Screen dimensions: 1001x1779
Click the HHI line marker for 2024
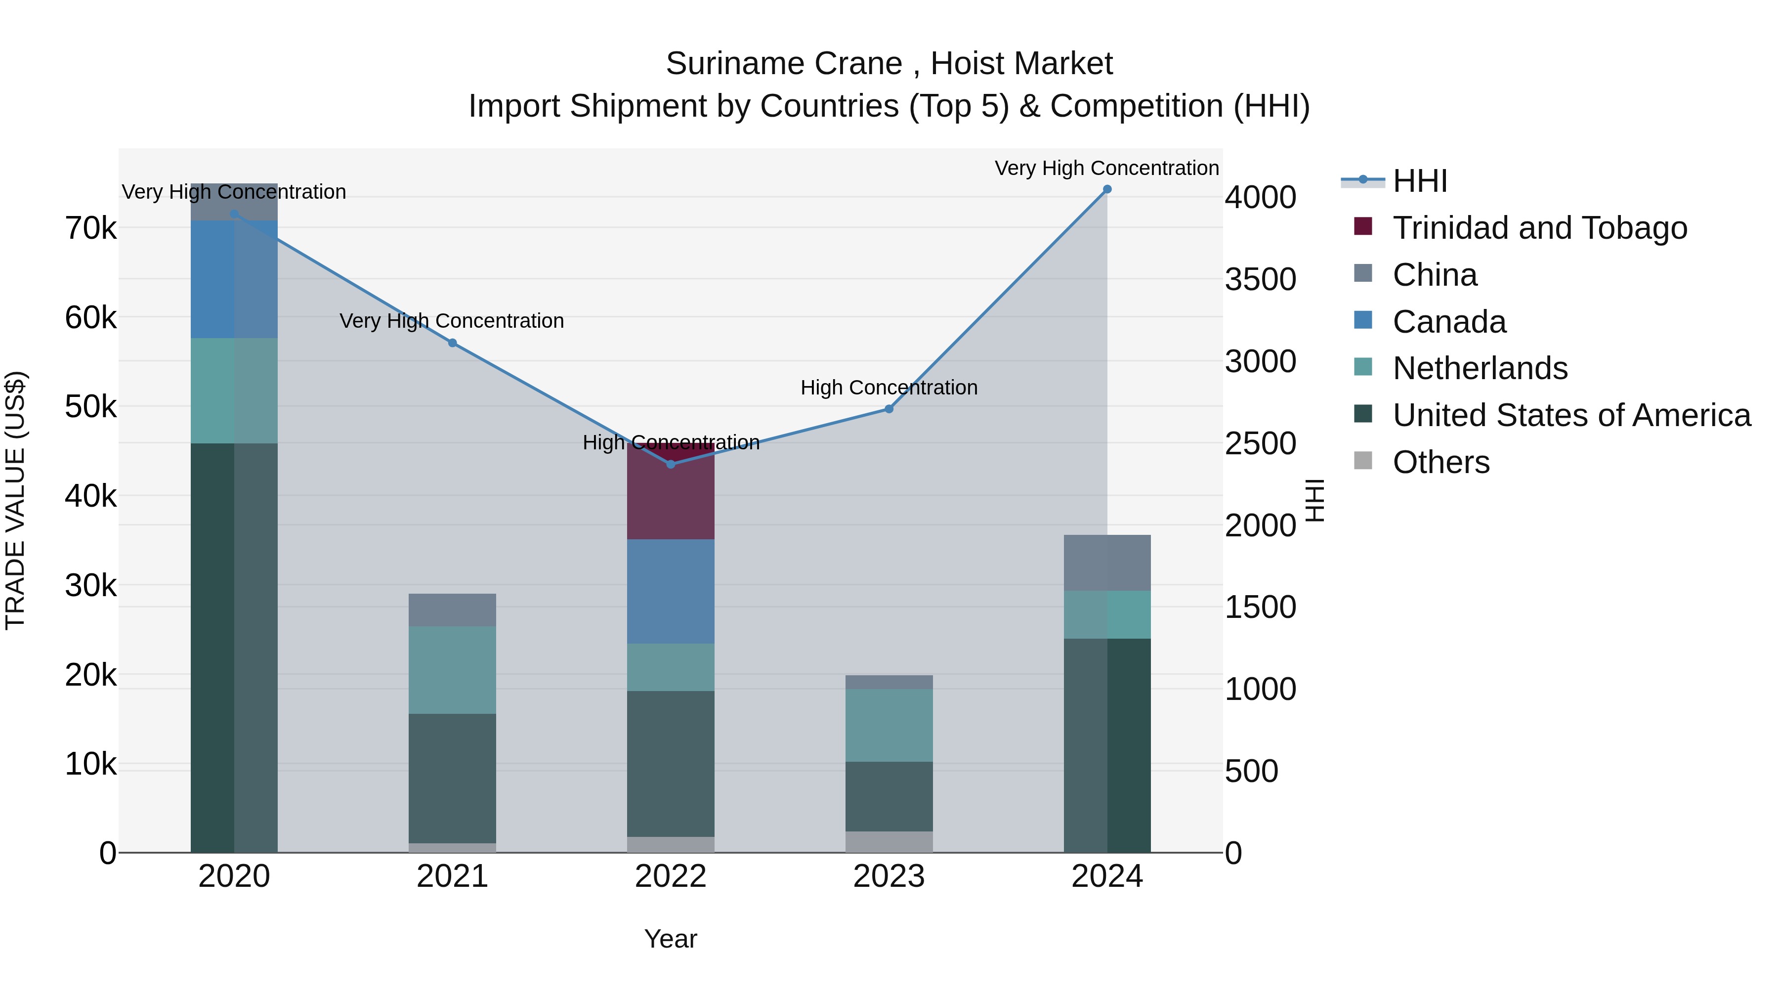(1107, 189)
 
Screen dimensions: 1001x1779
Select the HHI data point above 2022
(671, 464)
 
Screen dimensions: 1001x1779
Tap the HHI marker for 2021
(452, 343)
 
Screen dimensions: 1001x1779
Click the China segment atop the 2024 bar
(1107, 563)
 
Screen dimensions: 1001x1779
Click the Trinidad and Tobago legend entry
(1539, 228)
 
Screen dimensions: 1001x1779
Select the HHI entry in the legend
(1419, 181)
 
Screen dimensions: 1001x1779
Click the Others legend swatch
(1363, 461)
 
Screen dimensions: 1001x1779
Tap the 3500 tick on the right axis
(1260, 280)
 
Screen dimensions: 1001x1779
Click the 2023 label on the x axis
(889, 876)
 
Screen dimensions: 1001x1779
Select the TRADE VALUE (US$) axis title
(15, 500)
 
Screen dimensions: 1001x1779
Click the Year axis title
(671, 939)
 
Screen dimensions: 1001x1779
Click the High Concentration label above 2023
(889, 388)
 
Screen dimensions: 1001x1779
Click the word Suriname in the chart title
(714, 64)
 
